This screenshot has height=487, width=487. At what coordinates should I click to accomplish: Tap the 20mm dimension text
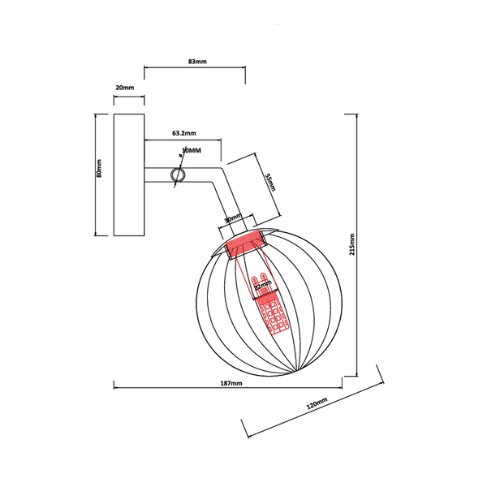click(125, 87)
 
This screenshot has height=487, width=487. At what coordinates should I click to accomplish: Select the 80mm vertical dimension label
click(100, 167)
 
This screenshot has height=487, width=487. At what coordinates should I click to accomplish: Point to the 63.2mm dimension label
click(184, 131)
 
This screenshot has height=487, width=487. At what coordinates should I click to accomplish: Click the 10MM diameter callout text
click(192, 151)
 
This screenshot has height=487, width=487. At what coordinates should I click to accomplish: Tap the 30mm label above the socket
click(233, 219)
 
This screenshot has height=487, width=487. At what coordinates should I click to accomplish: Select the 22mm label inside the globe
click(262, 286)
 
